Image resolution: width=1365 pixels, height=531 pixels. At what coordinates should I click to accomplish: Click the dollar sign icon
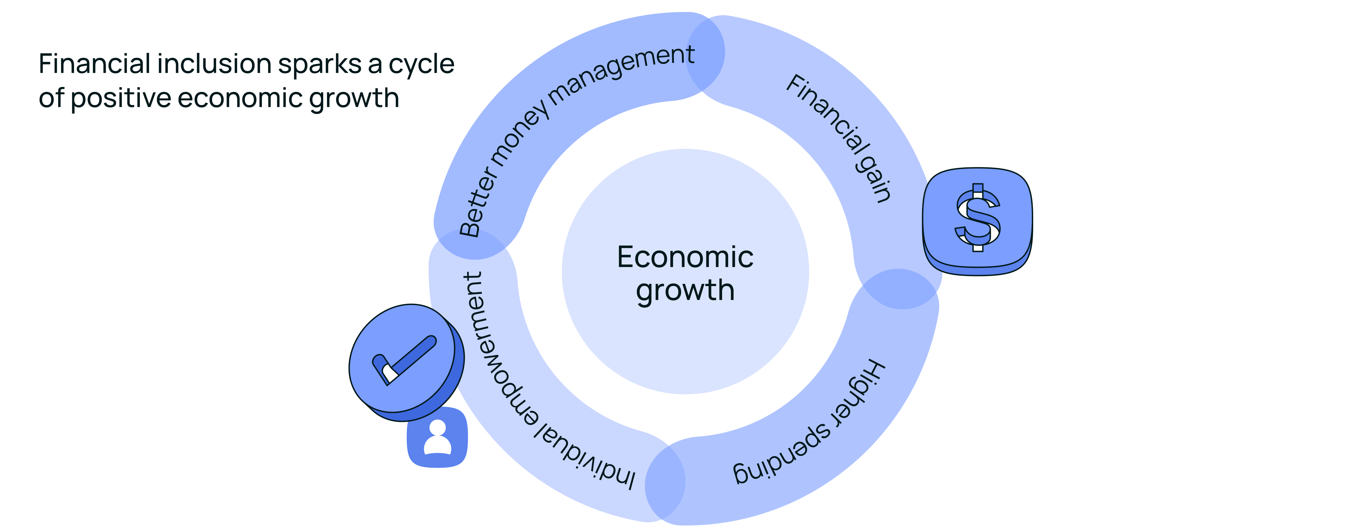(x=978, y=218)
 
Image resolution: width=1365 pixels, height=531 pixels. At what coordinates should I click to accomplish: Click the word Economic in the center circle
(x=685, y=258)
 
